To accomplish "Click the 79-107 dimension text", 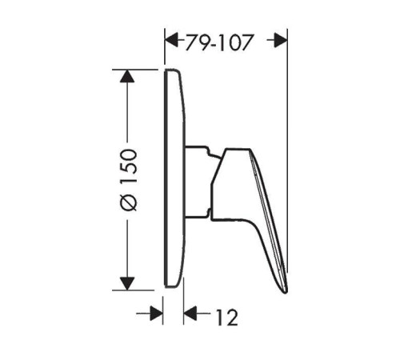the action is pyautogui.click(x=218, y=42).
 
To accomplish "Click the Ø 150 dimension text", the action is pyautogui.click(x=129, y=180).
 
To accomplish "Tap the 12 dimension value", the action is pyautogui.click(x=227, y=318).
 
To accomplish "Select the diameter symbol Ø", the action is pyautogui.click(x=129, y=202).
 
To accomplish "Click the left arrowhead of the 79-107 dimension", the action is pyautogui.click(x=172, y=40).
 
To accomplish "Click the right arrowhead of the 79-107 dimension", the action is pyautogui.click(x=281, y=40).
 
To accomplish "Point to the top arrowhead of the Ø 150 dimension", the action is pyautogui.click(x=127, y=76).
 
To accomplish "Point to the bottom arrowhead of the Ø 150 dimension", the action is pyautogui.click(x=127, y=283).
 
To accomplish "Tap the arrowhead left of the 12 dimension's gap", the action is pyautogui.click(x=157, y=314).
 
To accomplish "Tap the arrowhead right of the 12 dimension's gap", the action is pyautogui.click(x=190, y=314).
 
